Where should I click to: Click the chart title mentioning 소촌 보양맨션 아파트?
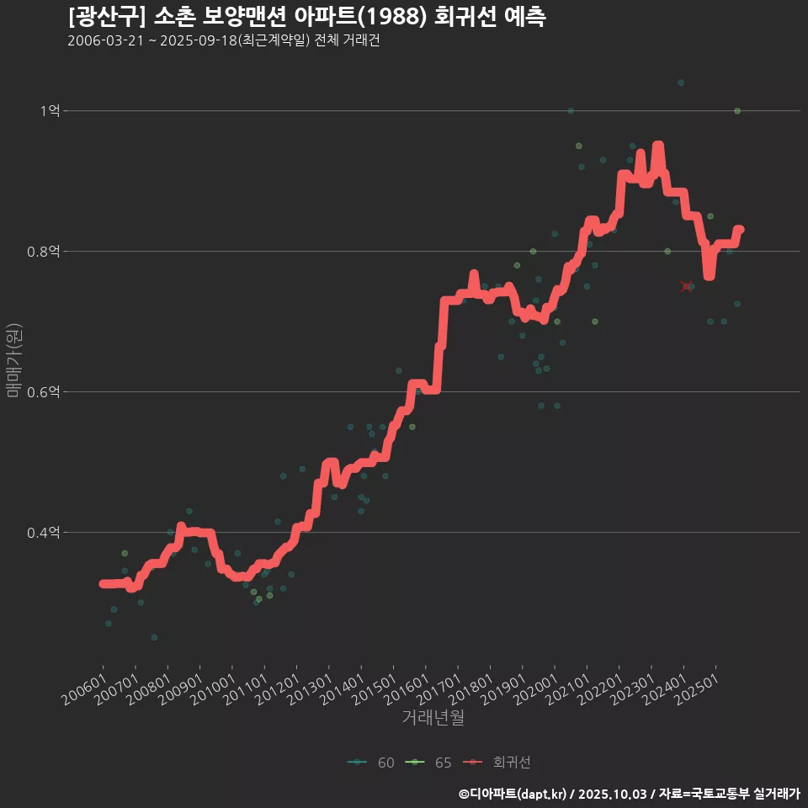coord(307,17)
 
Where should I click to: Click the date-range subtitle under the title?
coord(223,41)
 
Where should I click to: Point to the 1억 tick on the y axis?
coord(50,111)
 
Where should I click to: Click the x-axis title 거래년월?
coord(433,717)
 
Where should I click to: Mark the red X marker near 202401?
coord(687,287)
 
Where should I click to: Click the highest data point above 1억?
coord(681,82)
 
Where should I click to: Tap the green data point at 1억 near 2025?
coord(737,111)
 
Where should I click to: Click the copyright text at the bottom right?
coord(629,794)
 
